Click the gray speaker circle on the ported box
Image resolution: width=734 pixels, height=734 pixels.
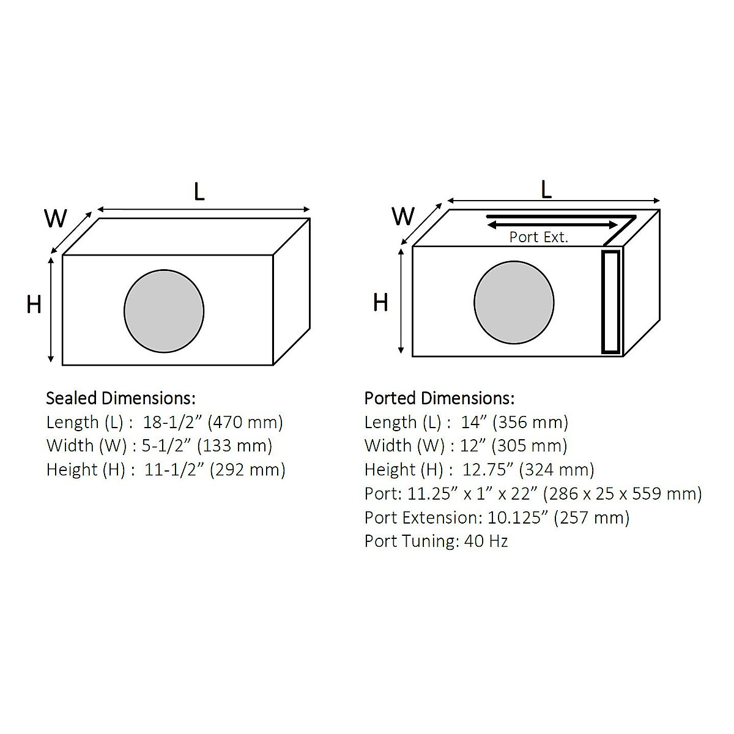coord(514,303)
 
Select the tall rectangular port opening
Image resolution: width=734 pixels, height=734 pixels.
coord(610,302)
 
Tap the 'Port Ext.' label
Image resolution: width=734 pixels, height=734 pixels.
coord(538,237)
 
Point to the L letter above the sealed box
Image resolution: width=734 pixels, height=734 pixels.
coord(199,191)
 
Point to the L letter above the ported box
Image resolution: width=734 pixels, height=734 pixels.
coord(546,189)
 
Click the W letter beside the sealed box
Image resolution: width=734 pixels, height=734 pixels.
coord(56,218)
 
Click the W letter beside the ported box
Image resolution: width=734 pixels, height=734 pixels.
coord(403,216)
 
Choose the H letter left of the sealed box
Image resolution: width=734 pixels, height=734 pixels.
coord(34,304)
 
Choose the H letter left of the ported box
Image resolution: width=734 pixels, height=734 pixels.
coord(380,302)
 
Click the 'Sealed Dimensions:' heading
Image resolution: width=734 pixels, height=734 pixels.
coord(120,398)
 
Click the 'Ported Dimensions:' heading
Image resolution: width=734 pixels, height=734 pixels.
coord(439,398)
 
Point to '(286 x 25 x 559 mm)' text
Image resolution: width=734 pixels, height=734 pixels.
coord(622,494)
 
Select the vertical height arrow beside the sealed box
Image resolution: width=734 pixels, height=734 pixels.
coord(52,310)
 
